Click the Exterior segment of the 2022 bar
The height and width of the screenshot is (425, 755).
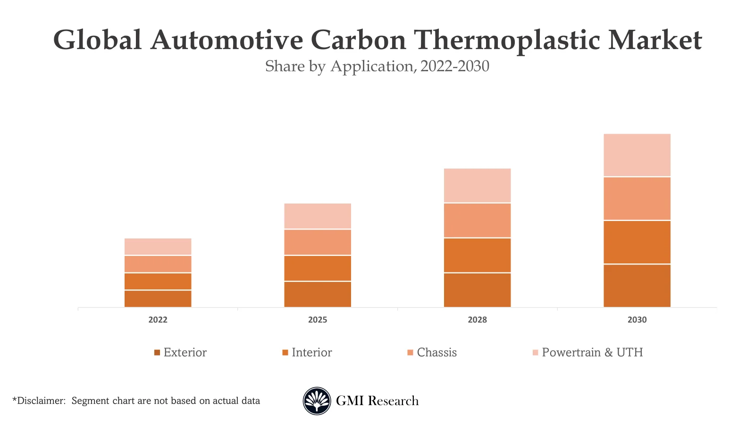pos(158,298)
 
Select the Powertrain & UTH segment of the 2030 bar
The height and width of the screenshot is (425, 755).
pos(637,155)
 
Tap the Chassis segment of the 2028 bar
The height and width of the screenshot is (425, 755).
pos(477,220)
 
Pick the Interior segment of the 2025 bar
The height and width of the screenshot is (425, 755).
pos(317,268)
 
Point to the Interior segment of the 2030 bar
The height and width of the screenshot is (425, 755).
pos(637,242)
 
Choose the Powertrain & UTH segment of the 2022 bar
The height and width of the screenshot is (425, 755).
pos(158,246)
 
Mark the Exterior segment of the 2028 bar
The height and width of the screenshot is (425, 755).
pos(477,290)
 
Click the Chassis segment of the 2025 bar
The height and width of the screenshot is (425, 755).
pos(317,242)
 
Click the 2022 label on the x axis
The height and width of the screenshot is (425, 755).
pos(158,320)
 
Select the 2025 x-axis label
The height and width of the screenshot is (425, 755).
pos(317,320)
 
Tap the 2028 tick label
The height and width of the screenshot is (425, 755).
pos(477,320)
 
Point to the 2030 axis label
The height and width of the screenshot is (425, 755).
pos(637,320)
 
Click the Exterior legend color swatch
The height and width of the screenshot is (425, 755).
pos(157,353)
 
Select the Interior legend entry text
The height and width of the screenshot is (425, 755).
pos(311,352)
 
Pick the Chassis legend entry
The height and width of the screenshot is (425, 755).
pos(436,352)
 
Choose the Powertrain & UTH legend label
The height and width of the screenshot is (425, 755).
pos(592,352)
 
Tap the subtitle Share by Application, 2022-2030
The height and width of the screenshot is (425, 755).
pos(377,66)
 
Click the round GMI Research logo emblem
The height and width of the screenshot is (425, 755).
pos(317,401)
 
